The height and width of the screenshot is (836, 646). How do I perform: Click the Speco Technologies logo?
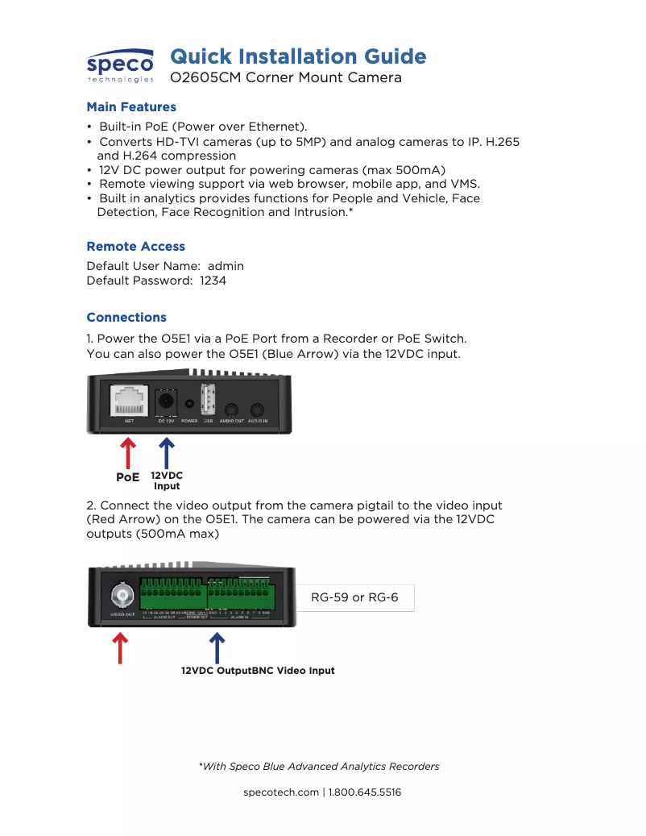120,65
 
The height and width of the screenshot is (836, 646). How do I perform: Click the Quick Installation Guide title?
298,56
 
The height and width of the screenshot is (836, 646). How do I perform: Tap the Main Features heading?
131,107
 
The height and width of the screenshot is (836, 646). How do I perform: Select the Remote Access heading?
135,247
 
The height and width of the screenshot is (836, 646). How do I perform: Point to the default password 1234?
213,281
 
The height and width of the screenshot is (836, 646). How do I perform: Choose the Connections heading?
126,318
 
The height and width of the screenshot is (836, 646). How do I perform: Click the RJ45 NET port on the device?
129,400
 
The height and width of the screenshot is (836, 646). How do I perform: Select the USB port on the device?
208,399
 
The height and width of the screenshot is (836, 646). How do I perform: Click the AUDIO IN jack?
258,410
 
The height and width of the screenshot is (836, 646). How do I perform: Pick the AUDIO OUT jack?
232,410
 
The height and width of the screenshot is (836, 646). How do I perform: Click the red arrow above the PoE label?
127,452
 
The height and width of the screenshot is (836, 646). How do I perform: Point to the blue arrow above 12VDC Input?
167,451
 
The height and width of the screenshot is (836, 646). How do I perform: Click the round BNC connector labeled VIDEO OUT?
122,597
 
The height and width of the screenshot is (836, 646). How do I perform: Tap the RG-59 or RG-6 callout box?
354,598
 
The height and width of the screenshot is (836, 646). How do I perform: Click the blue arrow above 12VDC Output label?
217,648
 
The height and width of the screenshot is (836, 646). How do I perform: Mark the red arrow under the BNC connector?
120,648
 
